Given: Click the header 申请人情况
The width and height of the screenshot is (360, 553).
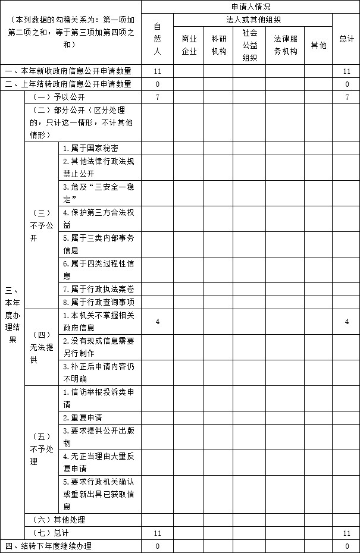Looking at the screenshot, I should click(250, 7).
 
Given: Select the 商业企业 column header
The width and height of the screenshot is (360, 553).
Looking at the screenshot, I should click(189, 45).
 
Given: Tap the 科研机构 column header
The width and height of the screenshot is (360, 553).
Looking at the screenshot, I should click(218, 45).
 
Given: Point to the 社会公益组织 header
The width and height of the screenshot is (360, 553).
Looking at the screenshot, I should click(250, 45).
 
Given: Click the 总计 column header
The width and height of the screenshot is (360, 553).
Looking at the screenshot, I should click(347, 39).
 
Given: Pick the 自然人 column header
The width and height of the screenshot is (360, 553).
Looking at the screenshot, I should click(157, 39).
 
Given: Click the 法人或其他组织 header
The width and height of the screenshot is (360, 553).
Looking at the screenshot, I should click(253, 20).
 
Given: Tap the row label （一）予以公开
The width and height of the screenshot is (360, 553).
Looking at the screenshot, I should click(57, 98).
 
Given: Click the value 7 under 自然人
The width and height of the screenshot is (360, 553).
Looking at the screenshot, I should click(157, 98).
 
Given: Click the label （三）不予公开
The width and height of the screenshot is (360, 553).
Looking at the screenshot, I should click(41, 225).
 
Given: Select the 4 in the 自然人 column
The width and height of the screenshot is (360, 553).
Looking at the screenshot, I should click(157, 322).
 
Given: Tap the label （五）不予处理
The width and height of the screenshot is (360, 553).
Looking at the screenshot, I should click(41, 449).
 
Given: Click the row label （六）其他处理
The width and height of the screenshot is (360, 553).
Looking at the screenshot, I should click(57, 520).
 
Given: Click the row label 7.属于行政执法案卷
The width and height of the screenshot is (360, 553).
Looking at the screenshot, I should click(99, 289).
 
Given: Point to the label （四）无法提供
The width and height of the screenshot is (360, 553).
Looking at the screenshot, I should click(41, 347).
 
